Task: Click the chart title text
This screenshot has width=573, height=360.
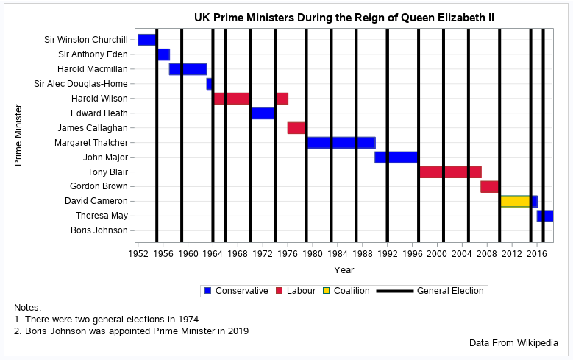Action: pos(344,17)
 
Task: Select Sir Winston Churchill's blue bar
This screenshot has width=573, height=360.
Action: pos(146,40)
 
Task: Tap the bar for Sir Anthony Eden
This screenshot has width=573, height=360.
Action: pos(163,54)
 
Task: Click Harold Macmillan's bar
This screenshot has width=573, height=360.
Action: pos(188,69)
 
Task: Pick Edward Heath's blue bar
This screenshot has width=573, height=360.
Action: pos(262,113)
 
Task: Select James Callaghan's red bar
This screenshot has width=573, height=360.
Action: pos(296,127)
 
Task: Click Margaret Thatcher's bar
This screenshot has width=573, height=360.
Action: pos(341,142)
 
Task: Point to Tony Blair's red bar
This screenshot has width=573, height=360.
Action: pos(450,172)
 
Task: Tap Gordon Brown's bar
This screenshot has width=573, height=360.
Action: pos(490,186)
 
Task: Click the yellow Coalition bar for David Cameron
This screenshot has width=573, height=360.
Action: pos(515,201)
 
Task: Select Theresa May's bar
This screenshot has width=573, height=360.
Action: pos(545,216)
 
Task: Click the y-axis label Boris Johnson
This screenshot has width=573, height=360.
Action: pos(99,230)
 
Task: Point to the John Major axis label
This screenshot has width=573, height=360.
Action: pos(104,157)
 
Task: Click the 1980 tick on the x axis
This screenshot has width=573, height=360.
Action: pos(312,254)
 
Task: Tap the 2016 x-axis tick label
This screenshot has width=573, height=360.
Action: pos(536,254)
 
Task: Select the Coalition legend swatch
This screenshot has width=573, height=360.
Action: pos(327,291)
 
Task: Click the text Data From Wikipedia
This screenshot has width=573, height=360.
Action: pos(513,343)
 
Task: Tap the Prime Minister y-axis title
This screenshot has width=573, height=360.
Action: pos(19,135)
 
